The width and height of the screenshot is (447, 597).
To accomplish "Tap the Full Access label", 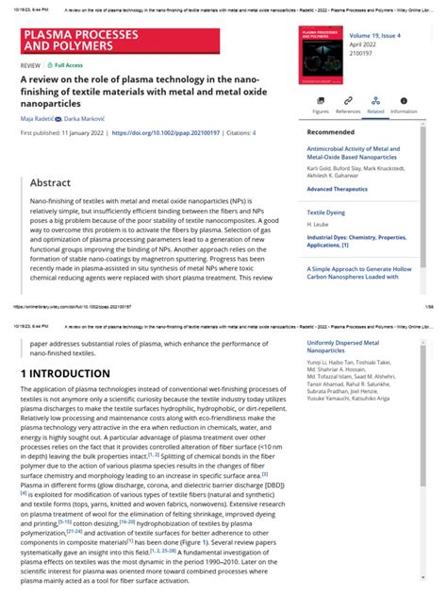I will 70,65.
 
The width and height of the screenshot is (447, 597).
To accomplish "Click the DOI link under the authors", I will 164,133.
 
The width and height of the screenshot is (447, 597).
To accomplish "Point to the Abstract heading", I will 50,182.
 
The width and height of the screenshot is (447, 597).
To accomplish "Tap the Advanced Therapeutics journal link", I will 345,189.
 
